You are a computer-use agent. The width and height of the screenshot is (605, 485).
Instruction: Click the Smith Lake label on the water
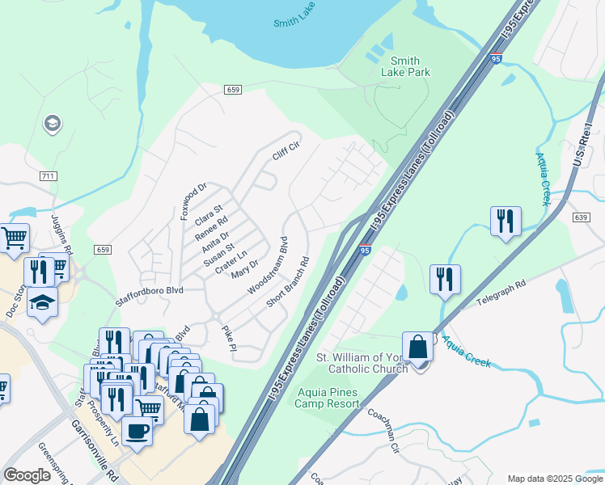tap(294, 23)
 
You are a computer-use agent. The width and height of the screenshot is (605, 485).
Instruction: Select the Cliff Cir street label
tap(286, 150)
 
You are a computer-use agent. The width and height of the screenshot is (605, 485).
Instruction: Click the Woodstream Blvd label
tap(268, 265)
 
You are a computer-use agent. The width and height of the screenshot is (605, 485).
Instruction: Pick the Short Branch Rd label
tap(289, 282)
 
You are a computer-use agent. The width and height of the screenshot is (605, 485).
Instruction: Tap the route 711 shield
tap(48, 175)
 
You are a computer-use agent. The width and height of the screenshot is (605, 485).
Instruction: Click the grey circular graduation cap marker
tap(53, 124)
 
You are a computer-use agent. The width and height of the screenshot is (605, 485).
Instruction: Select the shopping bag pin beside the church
tap(418, 348)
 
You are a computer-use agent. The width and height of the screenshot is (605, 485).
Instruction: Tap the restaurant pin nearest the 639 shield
tap(506, 221)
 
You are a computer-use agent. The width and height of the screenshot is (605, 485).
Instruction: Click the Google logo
tap(27, 475)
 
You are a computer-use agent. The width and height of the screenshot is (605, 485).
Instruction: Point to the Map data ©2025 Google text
tap(553, 479)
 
